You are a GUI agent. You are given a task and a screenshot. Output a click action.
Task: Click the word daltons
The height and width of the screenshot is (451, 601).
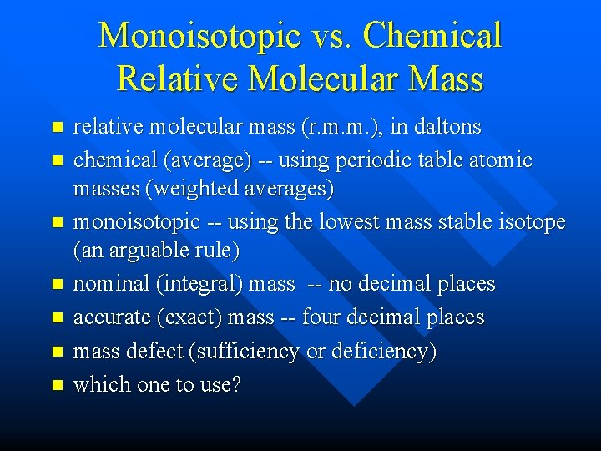[441, 127]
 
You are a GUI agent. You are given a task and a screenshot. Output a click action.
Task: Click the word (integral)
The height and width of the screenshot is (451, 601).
[196, 284]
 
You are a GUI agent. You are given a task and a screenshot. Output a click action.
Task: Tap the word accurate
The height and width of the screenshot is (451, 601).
[109, 317]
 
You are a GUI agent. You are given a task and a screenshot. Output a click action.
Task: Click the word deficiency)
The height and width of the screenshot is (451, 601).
[383, 352]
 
